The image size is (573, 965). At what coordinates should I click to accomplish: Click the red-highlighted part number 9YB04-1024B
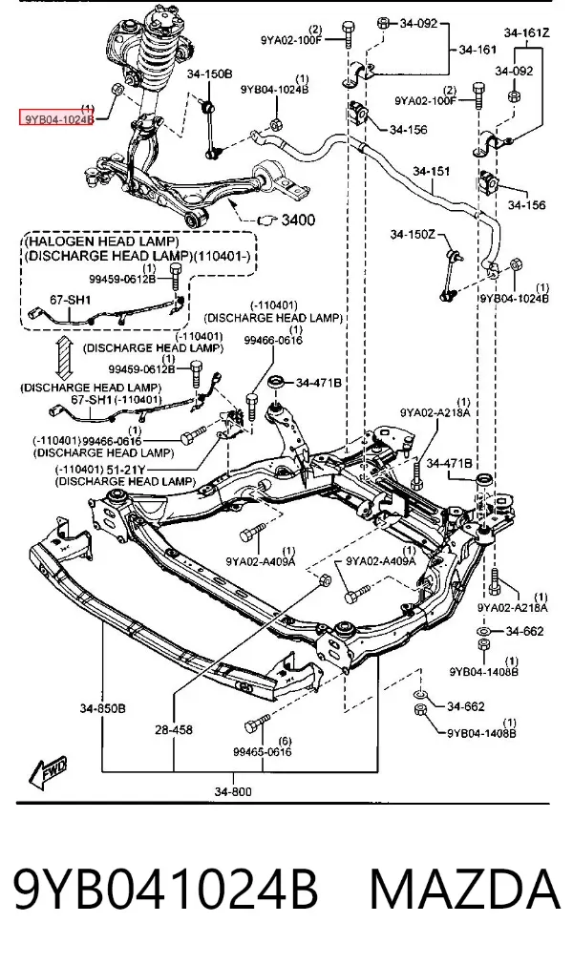(x=56, y=118)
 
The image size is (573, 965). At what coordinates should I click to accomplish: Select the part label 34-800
(x=233, y=791)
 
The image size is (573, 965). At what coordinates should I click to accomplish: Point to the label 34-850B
(x=102, y=708)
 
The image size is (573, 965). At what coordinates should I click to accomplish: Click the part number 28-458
(x=174, y=729)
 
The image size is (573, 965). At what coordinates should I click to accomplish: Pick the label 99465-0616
(x=263, y=751)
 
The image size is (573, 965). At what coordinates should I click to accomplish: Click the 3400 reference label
(x=298, y=220)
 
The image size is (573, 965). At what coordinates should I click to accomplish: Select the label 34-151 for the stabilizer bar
(x=431, y=171)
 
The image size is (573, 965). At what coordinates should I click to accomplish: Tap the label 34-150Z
(x=413, y=235)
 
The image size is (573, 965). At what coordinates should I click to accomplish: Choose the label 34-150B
(x=209, y=74)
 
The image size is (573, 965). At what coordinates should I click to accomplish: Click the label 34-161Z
(x=526, y=32)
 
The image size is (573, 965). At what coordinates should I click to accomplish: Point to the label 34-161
(x=477, y=50)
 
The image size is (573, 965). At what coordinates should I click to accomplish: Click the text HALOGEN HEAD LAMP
(x=102, y=241)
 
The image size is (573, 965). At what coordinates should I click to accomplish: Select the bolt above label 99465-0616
(x=257, y=724)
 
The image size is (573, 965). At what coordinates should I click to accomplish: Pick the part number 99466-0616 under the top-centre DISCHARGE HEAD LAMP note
(x=272, y=340)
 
